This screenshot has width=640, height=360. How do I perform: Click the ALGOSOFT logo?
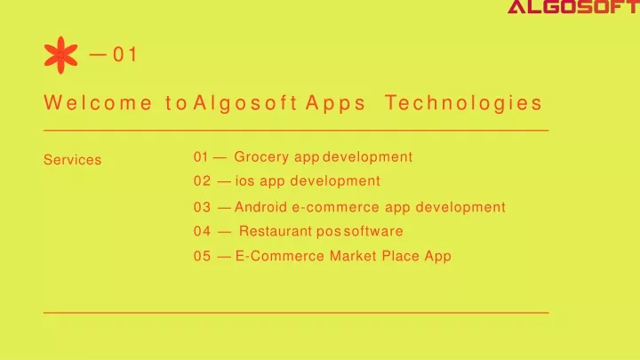(x=573, y=6)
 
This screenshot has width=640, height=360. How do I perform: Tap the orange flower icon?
(x=60, y=55)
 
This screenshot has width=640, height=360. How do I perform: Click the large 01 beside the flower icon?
(x=125, y=55)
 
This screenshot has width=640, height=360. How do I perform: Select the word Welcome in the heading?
(x=98, y=102)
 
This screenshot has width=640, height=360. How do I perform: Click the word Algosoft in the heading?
(x=245, y=102)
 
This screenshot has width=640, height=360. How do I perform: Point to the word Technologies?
(x=464, y=102)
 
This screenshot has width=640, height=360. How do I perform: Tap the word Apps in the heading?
(x=335, y=103)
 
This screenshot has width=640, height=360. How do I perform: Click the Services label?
(x=72, y=160)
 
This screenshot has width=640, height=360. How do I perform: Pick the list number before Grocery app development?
(x=201, y=156)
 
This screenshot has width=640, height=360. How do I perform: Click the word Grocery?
(x=261, y=157)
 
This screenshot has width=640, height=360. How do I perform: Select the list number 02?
(x=202, y=180)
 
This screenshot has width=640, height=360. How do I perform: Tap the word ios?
(x=245, y=180)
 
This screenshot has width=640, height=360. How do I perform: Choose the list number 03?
(x=202, y=207)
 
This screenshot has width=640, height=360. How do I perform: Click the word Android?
(x=260, y=207)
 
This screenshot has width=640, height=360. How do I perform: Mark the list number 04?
(x=202, y=231)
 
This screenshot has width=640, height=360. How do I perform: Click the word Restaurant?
(x=276, y=231)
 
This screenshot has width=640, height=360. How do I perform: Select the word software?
(x=373, y=231)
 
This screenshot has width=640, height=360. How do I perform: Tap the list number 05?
(x=202, y=256)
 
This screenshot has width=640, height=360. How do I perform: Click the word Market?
(x=353, y=256)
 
